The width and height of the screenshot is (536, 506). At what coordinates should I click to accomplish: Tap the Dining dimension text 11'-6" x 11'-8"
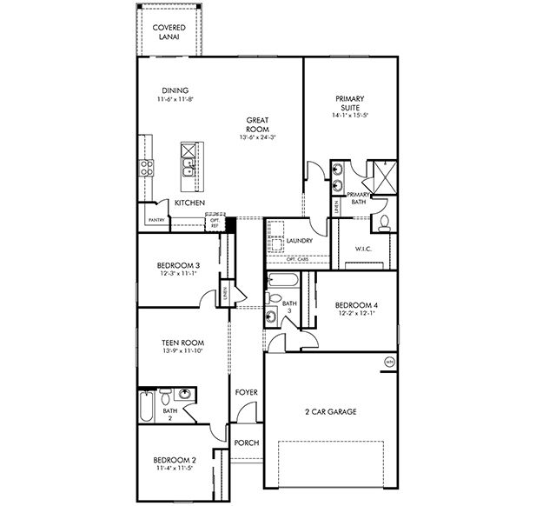[175, 100]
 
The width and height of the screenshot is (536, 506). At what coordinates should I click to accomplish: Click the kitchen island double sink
[189, 162]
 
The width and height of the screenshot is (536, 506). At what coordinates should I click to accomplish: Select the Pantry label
[156, 220]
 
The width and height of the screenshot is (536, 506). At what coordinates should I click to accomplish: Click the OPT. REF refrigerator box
[215, 223]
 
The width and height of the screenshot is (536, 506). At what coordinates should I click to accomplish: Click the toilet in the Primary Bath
[383, 223]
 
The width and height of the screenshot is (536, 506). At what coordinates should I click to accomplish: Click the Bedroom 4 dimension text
[356, 314]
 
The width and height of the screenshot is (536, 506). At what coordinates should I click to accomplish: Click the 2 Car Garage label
[330, 411]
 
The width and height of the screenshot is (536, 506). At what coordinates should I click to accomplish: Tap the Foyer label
[246, 392]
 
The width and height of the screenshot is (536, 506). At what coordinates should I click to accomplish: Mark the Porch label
[247, 443]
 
